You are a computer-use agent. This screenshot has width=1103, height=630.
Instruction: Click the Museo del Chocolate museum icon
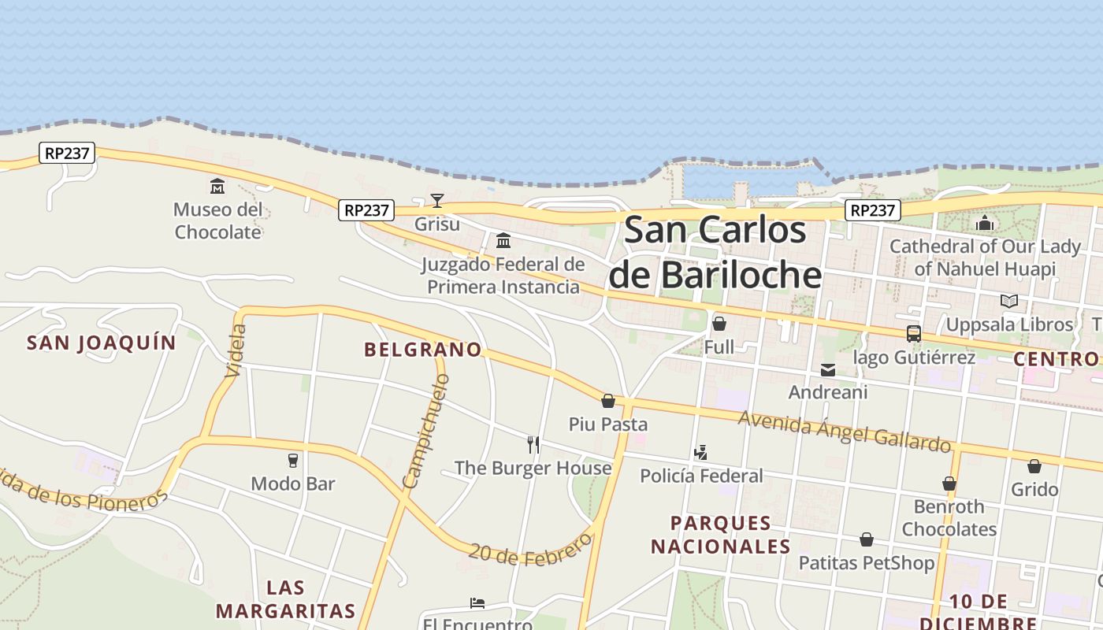pyautogui.click(x=217, y=187)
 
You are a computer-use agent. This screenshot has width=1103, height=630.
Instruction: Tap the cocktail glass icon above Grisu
pyautogui.click(x=436, y=201)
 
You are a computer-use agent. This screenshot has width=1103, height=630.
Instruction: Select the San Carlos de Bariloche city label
pyautogui.click(x=715, y=252)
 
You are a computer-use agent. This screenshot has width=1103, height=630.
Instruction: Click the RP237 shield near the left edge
pyautogui.click(x=67, y=153)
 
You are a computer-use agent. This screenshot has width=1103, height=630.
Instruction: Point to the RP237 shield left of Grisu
pyautogui.click(x=366, y=210)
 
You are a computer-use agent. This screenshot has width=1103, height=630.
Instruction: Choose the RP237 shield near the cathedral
pyautogui.click(x=873, y=210)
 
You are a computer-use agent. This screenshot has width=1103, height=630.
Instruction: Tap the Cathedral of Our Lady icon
pyautogui.click(x=985, y=224)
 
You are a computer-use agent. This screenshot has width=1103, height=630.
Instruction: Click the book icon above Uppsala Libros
pyautogui.click(x=1008, y=301)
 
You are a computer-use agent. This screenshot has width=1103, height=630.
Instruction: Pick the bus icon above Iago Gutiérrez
pyautogui.click(x=914, y=334)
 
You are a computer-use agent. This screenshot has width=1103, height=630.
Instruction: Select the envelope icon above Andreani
pyautogui.click(x=827, y=369)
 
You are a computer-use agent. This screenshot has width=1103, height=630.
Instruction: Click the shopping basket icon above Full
pyautogui.click(x=719, y=324)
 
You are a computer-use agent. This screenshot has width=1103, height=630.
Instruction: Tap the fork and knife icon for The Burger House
pyautogui.click(x=533, y=445)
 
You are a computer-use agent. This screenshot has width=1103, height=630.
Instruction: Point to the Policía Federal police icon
pyautogui.click(x=700, y=453)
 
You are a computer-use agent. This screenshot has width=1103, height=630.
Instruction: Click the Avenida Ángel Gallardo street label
pyautogui.click(x=845, y=432)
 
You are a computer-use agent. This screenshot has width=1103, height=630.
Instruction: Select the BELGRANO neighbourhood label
pyautogui.click(x=422, y=350)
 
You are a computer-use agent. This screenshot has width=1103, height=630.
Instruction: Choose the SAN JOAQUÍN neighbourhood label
pyautogui.click(x=102, y=343)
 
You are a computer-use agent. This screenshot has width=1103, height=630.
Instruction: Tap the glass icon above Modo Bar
pyautogui.click(x=293, y=460)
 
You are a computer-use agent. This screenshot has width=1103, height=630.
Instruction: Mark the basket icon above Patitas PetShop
pyautogui.click(x=867, y=539)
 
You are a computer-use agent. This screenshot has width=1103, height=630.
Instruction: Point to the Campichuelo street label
pyautogui.click(x=425, y=431)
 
